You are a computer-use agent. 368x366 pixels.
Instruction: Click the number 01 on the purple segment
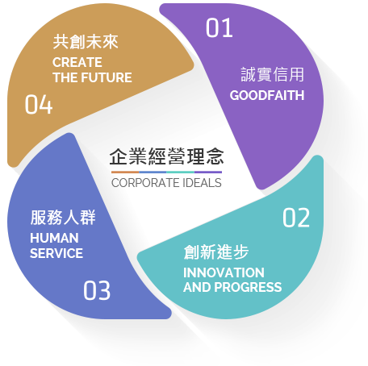click(x=220, y=27)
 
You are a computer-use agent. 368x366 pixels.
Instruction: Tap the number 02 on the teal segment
click(x=296, y=218)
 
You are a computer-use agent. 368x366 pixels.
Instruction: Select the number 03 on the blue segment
click(x=97, y=290)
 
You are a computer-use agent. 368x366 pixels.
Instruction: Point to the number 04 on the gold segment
click(x=39, y=104)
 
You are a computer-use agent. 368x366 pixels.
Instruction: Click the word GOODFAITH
click(x=267, y=95)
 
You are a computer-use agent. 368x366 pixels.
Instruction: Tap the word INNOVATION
click(x=224, y=272)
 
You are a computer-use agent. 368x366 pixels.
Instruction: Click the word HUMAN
click(x=54, y=238)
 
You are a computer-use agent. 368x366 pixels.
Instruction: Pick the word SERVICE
click(x=56, y=253)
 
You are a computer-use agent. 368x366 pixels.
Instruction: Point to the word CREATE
click(x=77, y=62)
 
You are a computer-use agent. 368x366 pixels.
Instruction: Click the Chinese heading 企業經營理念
click(x=166, y=156)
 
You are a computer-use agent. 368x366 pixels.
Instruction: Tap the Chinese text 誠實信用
click(x=272, y=74)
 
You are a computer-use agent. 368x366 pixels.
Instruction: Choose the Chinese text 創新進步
click(x=216, y=252)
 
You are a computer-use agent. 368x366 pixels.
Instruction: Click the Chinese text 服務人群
click(x=63, y=218)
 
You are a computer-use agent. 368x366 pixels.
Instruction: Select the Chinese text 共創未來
click(x=86, y=42)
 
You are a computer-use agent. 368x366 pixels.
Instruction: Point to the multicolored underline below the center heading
click(x=166, y=172)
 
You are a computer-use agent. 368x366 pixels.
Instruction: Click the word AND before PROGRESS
click(x=197, y=287)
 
